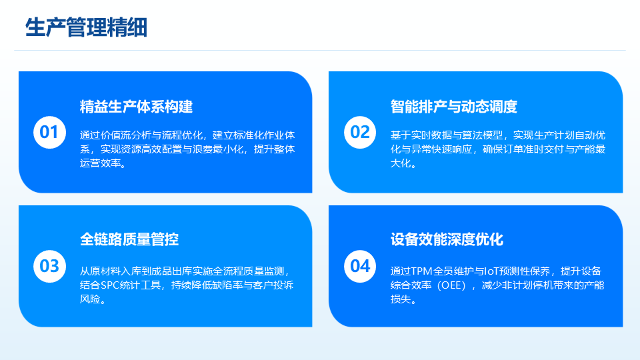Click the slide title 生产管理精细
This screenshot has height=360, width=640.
[86, 28]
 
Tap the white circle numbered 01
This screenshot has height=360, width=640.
[49, 132]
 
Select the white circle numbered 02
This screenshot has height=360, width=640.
[360, 132]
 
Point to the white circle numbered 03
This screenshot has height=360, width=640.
[49, 266]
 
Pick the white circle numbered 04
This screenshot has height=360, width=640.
[360, 266]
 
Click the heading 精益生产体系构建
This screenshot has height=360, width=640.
[136, 107]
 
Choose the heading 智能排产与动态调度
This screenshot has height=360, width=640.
[454, 107]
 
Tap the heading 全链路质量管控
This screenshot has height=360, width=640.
[129, 239]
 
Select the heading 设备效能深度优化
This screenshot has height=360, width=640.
[447, 239]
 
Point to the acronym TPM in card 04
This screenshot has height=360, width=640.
[421, 271]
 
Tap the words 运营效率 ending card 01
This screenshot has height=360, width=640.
[101, 163]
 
